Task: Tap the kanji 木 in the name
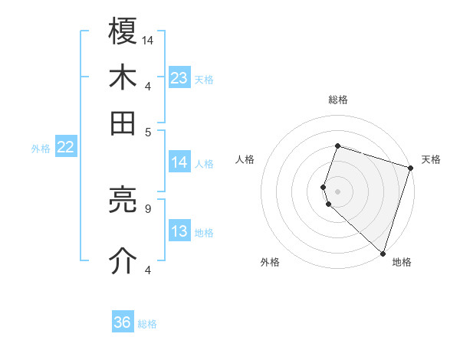tap(123, 77)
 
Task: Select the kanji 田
tap(123, 122)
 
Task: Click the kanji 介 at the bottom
tap(123, 260)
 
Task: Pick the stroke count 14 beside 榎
tap(148, 40)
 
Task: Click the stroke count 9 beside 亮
tap(147, 207)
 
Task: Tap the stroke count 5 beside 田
tap(148, 131)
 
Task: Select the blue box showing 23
tap(179, 78)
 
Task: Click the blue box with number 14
tap(179, 162)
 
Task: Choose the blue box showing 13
tap(179, 232)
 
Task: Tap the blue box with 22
tap(65, 148)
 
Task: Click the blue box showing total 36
tap(123, 322)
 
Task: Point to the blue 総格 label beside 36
tap(147, 324)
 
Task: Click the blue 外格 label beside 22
tap(41, 149)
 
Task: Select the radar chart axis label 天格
tap(431, 159)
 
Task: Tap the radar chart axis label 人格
tap(245, 159)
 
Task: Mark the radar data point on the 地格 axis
tap(383, 253)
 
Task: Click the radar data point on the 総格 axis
tap(337, 146)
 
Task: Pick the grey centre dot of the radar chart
tap(337, 191)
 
